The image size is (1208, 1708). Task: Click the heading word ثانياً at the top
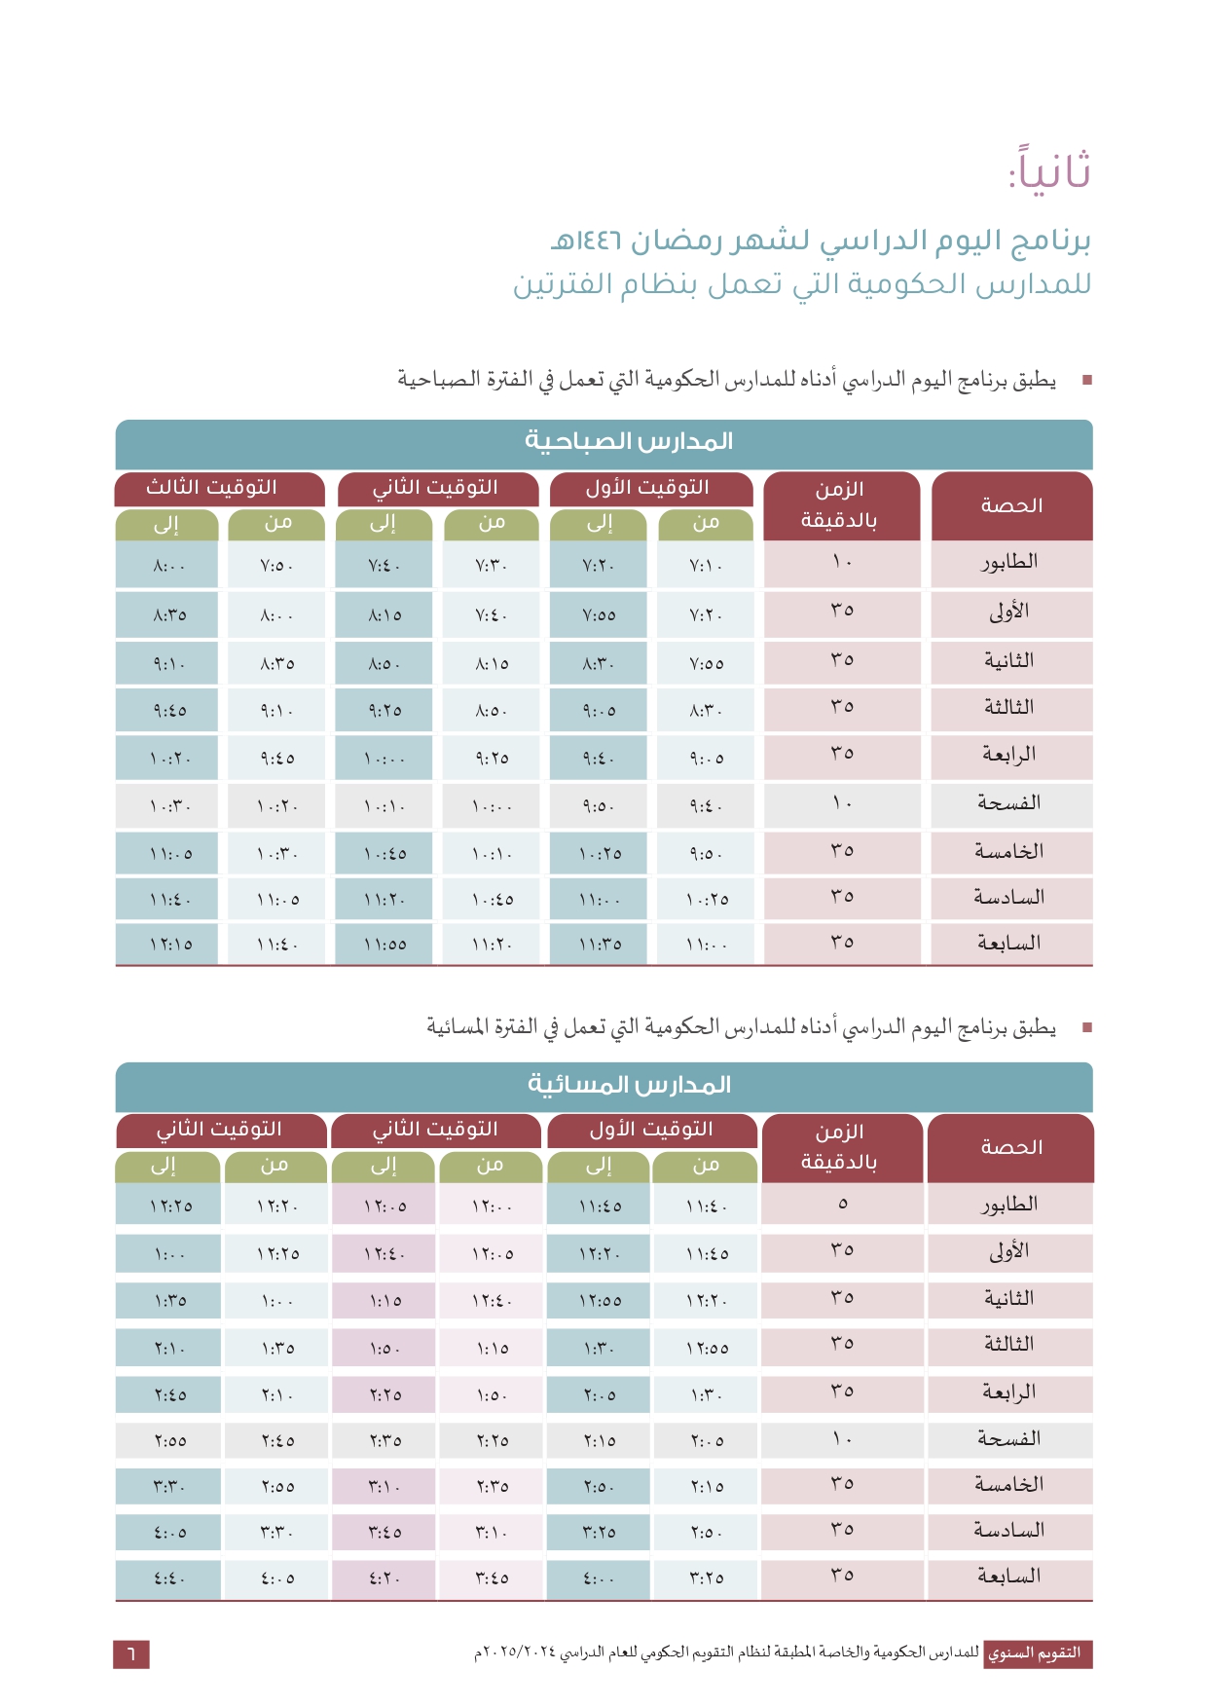tap(1049, 169)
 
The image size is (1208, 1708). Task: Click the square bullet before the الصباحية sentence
tap(1086, 380)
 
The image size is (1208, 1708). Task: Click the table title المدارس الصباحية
tap(629, 441)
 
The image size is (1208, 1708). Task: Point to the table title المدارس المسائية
tap(629, 1084)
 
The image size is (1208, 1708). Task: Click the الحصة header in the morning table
tap(1011, 505)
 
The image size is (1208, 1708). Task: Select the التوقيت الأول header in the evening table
tap(651, 1130)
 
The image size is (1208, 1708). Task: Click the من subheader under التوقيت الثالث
tap(278, 523)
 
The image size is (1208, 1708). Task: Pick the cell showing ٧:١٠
tap(706, 566)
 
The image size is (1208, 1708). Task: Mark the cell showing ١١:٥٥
tap(385, 945)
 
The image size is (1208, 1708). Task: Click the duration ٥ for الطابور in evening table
tap(843, 1204)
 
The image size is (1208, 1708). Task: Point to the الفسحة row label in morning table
tap(1009, 803)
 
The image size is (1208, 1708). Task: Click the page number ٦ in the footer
tap(131, 1653)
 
